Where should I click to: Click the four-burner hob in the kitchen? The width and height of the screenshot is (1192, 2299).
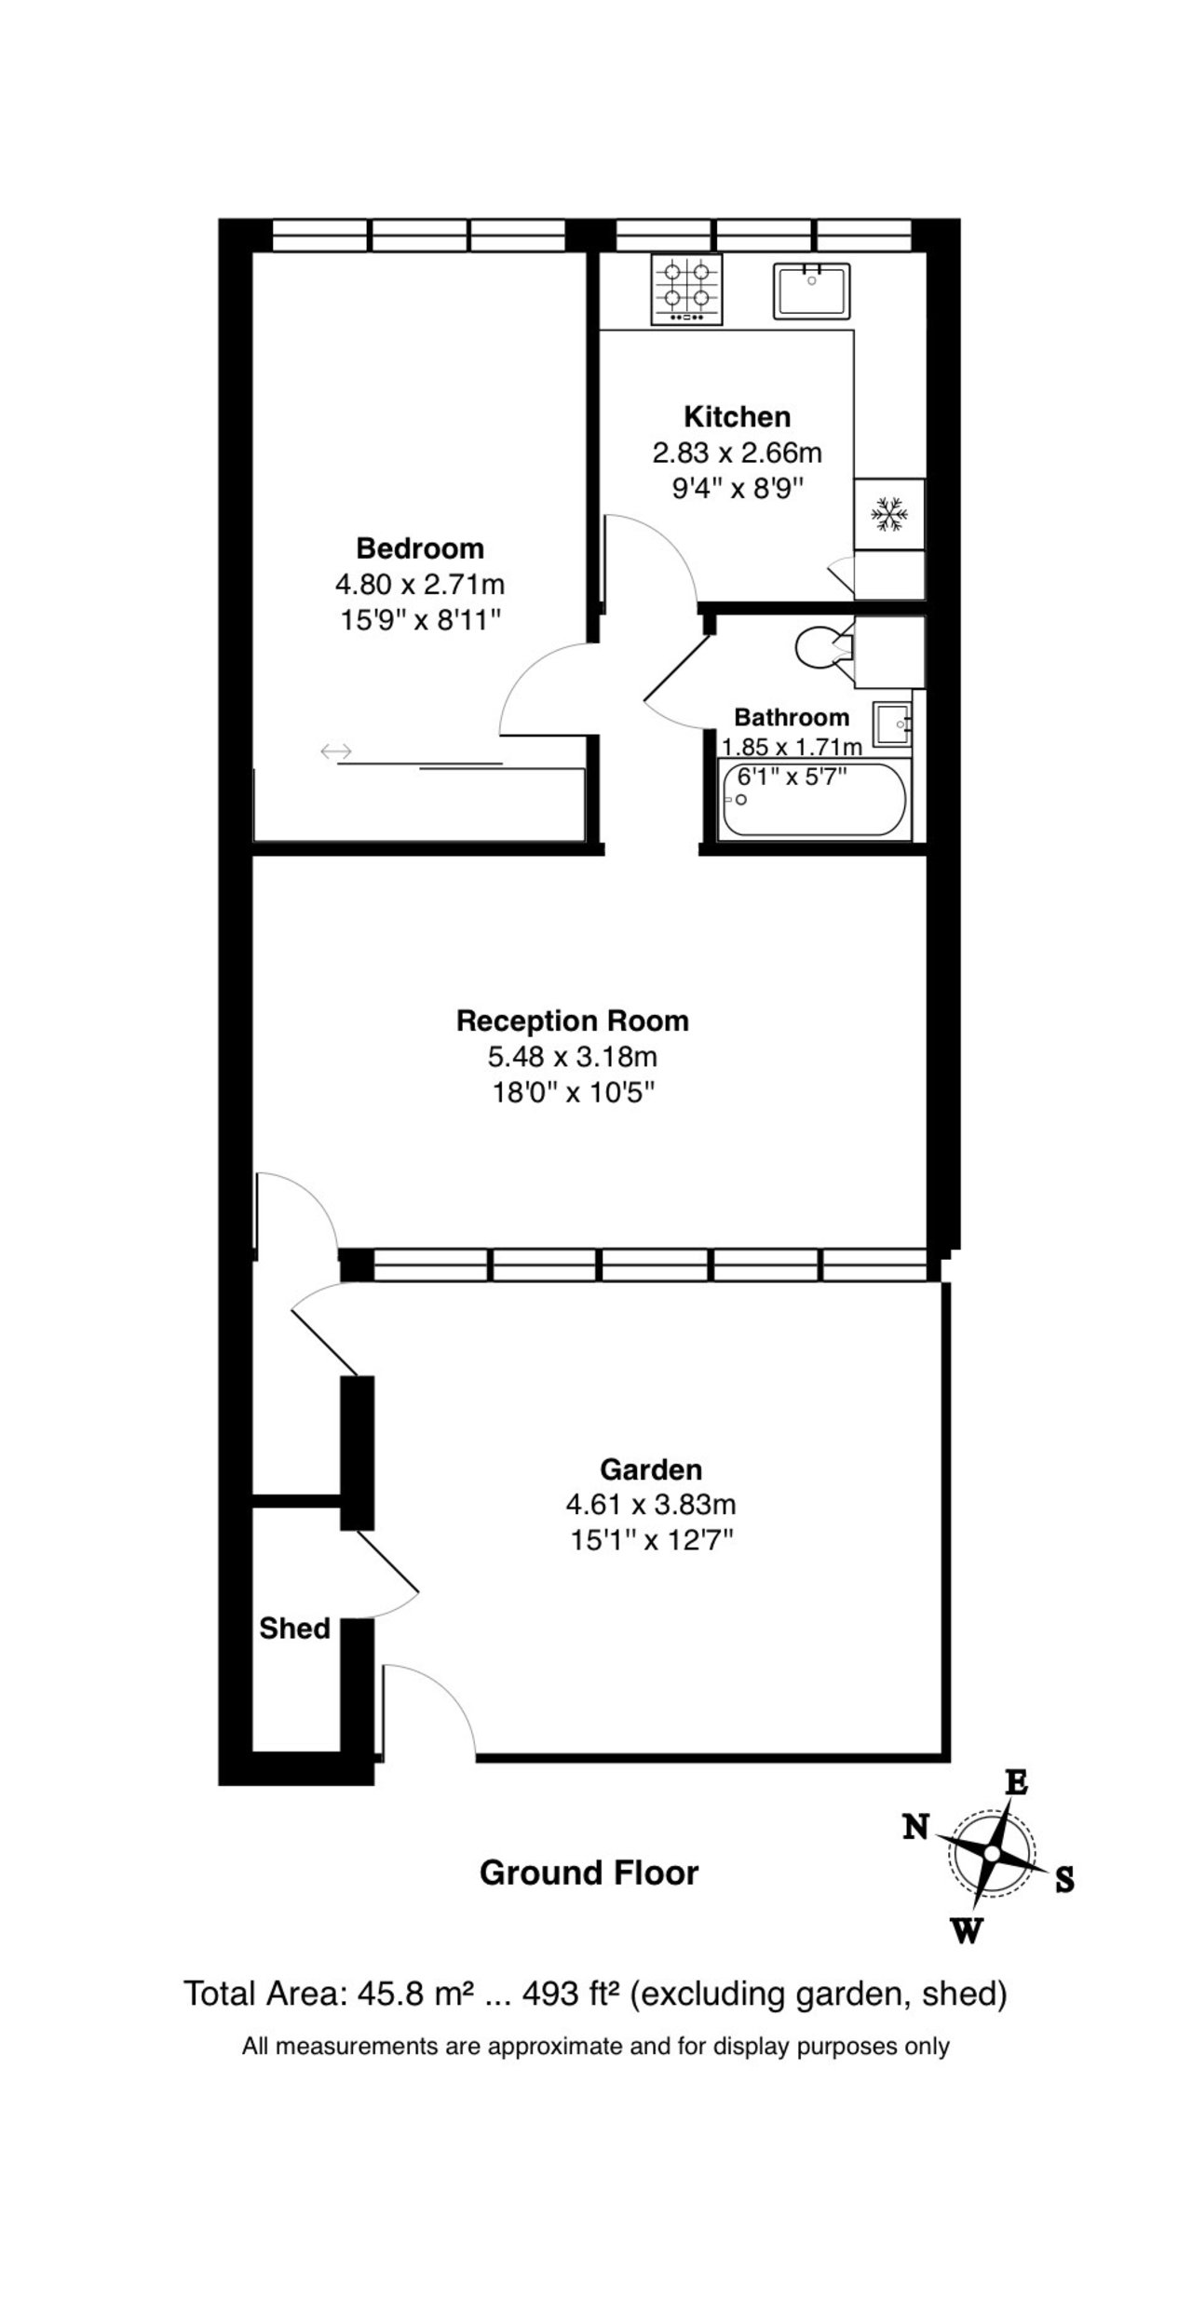click(x=687, y=290)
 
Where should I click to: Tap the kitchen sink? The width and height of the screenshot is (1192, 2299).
click(x=811, y=290)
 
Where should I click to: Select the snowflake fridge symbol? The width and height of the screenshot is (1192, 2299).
click(x=889, y=513)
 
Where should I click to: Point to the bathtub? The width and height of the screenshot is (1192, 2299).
click(x=814, y=799)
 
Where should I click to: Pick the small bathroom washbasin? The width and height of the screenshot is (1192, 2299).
click(x=892, y=724)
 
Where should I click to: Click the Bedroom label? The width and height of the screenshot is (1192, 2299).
click(x=420, y=548)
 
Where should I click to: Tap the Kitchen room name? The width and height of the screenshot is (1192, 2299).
click(x=738, y=416)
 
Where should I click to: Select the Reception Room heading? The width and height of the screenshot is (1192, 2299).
click(x=573, y=1021)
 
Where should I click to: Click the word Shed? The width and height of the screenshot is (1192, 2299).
click(x=295, y=1629)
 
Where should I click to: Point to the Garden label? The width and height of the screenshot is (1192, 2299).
click(x=651, y=1469)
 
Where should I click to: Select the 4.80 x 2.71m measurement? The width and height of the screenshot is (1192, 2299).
click(x=420, y=584)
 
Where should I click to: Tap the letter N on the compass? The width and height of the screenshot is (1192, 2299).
click(x=916, y=1828)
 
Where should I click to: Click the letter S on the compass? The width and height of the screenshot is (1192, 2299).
click(x=1064, y=1880)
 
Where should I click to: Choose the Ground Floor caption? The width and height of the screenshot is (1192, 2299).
click(x=589, y=1873)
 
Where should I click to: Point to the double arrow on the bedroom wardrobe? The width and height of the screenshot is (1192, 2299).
click(x=335, y=751)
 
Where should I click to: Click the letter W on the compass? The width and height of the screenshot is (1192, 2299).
click(x=966, y=1932)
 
